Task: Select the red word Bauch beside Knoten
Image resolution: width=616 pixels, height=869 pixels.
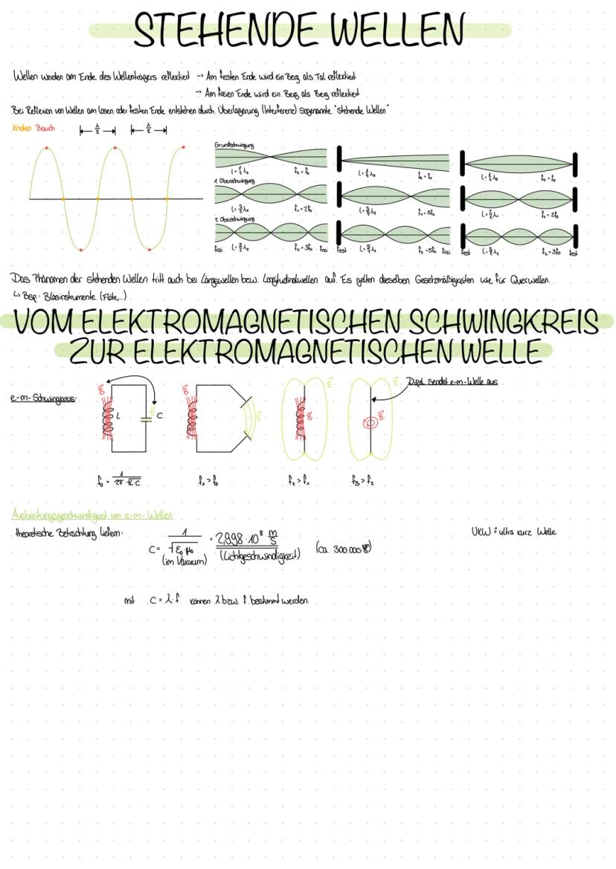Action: click(46, 128)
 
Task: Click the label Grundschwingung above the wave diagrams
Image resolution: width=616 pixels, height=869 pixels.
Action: click(234, 145)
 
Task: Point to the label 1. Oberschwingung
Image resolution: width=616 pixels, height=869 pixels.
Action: click(235, 181)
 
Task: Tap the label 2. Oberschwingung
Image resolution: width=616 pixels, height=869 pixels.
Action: click(235, 219)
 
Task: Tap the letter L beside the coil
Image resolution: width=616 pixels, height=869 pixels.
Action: click(118, 416)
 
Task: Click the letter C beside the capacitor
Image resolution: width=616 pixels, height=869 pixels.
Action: click(159, 416)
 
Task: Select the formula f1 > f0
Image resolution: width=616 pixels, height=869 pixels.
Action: click(208, 481)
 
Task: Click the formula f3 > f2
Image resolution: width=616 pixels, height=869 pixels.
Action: click(362, 481)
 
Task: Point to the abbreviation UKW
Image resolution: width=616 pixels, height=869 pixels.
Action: click(481, 532)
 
